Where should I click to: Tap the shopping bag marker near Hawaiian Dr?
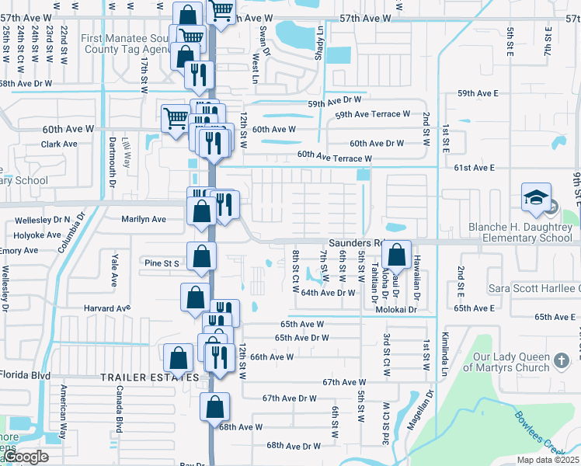click(396, 254)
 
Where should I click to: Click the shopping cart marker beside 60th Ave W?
click(176, 119)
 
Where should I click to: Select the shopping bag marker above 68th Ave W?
click(215, 406)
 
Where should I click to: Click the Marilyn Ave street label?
click(144, 219)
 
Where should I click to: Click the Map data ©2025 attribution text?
click(547, 461)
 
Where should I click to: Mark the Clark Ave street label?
click(59, 144)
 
